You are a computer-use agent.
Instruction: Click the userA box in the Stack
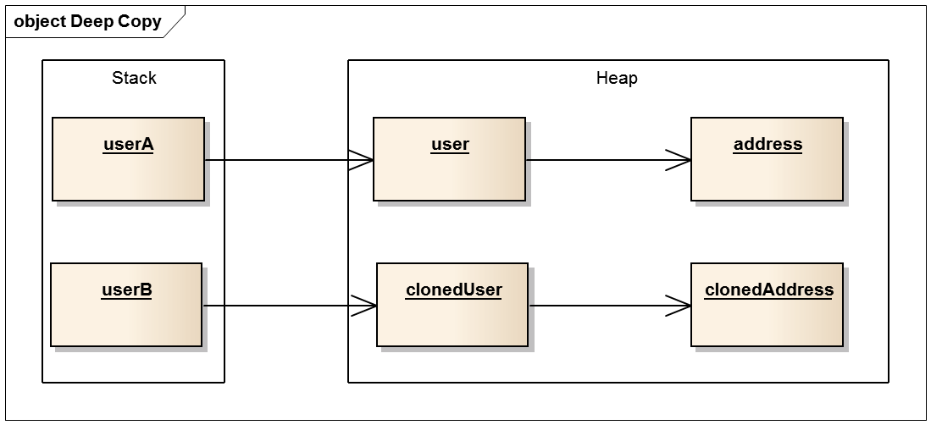coord(128,159)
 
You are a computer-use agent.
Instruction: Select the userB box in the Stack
coord(126,305)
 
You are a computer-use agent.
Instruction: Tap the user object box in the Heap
coord(450,159)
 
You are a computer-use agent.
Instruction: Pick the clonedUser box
coord(452,305)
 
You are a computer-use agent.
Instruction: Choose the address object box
coord(768,159)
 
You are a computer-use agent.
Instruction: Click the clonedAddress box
coord(768,305)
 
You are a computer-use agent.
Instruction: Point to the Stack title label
coord(134,78)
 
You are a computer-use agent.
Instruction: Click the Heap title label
coord(617,78)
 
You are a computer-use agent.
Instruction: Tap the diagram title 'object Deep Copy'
coord(87,21)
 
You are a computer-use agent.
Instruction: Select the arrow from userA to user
coord(289,160)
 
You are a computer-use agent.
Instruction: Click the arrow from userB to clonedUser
coord(290,306)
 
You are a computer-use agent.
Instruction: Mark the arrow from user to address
coord(608,160)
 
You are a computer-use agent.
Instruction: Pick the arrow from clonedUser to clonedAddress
coord(610,306)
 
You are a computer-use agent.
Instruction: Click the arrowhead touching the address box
coord(679,160)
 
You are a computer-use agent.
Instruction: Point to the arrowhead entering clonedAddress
coord(679,306)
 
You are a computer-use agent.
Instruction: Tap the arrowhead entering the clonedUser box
coord(364,306)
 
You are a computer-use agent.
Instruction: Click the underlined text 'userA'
coord(128,145)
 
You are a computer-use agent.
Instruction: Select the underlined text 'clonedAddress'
coord(769,290)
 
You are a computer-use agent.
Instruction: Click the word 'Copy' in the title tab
coord(140,22)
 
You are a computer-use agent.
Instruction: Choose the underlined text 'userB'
coord(126,290)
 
